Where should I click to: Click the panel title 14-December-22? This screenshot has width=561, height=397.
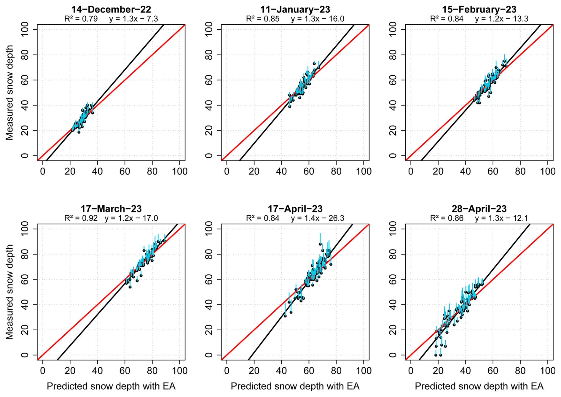pos(111,9)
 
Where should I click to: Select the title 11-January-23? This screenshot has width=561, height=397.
pos(295,9)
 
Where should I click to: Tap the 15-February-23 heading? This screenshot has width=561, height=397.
pos(479,9)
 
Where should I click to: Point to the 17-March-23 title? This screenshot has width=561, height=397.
pos(111,209)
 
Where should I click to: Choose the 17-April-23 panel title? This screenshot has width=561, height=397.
pos(295,209)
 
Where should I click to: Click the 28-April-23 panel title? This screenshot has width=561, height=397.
pos(479,209)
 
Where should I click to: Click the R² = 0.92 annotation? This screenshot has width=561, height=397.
pos(81,218)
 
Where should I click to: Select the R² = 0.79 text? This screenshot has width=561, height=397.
pos(81,19)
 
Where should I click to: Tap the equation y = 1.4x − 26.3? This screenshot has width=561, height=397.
pos(317,218)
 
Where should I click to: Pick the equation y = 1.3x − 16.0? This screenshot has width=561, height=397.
pos(317,19)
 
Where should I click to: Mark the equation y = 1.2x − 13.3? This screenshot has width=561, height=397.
pos(501,19)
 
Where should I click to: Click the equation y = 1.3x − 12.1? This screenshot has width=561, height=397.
pos(501,218)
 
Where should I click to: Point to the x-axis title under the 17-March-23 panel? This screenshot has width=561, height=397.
pos(111,386)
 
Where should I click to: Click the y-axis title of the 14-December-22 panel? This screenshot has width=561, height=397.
pos(9,93)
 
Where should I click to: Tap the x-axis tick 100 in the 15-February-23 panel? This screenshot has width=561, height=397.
pos(548,171)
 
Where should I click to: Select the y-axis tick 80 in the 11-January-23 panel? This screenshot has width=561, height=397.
pos(209,55)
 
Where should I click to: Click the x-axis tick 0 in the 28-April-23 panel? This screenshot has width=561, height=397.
pos(411,371)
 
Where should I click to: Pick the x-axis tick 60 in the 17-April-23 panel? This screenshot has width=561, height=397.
pos(309,371)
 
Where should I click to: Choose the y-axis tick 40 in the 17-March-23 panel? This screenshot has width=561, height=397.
pos(25,305)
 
